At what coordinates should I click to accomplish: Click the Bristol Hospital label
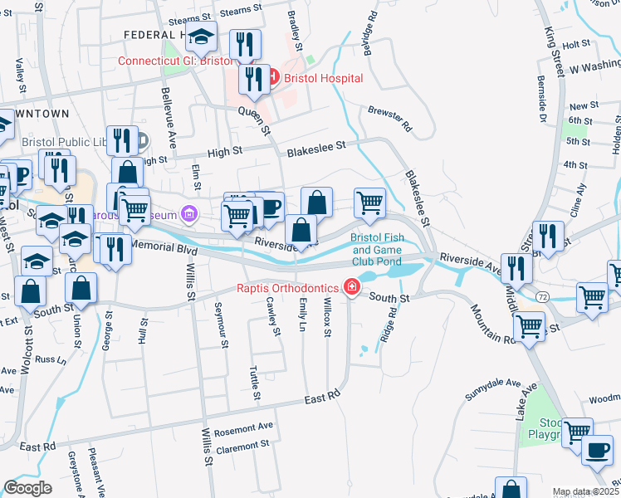pos(323,78)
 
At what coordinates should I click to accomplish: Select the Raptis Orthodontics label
pos(289,287)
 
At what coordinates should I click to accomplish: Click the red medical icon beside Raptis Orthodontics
pos(353,287)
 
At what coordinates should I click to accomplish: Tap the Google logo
pos(27,488)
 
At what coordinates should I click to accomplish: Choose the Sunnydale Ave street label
pos(491,390)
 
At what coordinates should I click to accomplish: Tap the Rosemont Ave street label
pos(243,427)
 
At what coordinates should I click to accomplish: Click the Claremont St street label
pos(242,444)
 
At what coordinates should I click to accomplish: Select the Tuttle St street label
pos(254,385)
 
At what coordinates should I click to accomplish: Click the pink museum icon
pos(189,216)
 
